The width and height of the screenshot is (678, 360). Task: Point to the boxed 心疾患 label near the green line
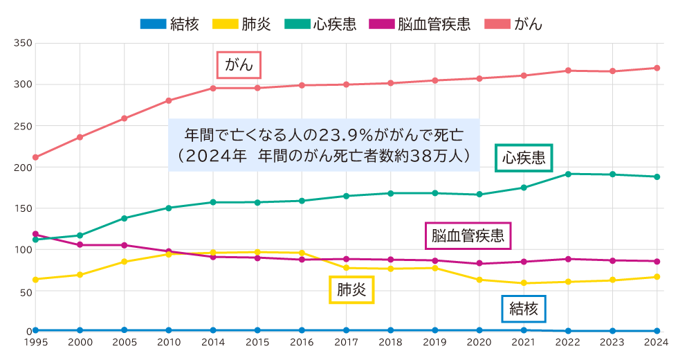point(524,158)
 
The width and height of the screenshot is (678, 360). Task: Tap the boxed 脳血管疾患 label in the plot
point(467,236)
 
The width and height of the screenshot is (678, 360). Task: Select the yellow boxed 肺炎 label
point(351,289)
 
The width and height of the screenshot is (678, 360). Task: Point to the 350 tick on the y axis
point(24,43)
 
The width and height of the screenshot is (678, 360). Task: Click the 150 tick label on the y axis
point(24,208)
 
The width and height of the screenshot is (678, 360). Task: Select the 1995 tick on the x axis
point(35,342)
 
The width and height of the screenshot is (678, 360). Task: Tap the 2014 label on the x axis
point(213,342)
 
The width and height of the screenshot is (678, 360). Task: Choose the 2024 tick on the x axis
point(657,342)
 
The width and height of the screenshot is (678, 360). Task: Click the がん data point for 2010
point(169,100)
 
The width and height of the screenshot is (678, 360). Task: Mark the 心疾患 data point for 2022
point(568,174)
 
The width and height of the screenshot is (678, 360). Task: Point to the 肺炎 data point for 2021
point(524,283)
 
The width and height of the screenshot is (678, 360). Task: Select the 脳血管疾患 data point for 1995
point(35,234)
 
